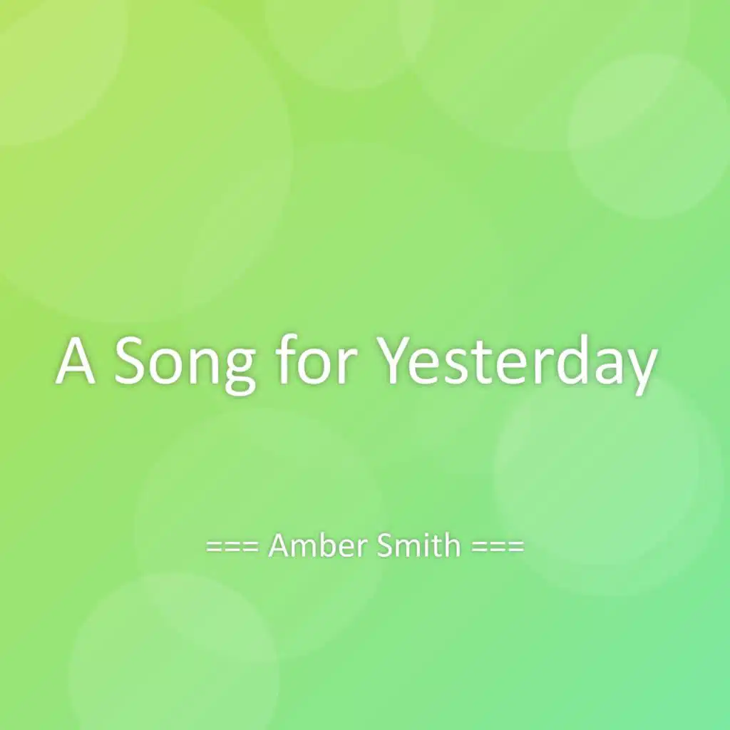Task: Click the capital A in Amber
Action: tap(279, 547)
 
